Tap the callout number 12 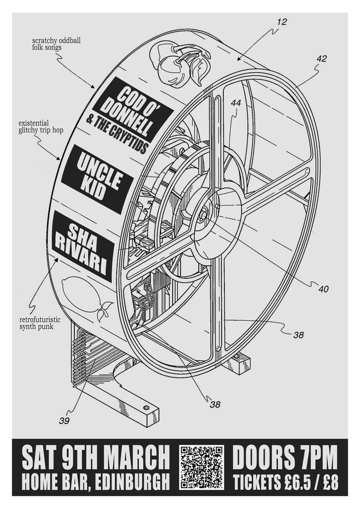pyautogui.click(x=282, y=22)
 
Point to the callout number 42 pyautogui.click(x=321, y=59)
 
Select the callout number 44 pyautogui.click(x=236, y=104)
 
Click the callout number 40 pyautogui.click(x=323, y=289)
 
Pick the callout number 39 pyautogui.click(x=65, y=420)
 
